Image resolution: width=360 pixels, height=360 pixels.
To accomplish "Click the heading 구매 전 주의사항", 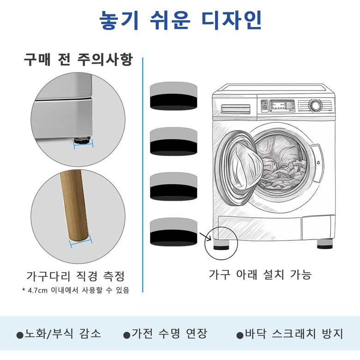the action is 78,60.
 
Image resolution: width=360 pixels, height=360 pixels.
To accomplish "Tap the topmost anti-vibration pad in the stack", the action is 174,96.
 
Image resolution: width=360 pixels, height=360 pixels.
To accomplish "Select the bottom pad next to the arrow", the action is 174,232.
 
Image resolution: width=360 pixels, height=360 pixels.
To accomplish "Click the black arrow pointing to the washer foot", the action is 205,237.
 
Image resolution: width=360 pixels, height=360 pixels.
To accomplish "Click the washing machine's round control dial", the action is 315,106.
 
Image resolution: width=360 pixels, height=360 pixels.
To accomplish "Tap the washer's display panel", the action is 282,105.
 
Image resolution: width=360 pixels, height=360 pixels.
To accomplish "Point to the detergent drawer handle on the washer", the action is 235,109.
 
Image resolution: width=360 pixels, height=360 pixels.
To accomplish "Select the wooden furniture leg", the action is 74,205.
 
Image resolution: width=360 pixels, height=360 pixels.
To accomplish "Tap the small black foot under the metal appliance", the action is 82,139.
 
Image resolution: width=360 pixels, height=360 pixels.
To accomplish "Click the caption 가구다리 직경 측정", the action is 76,276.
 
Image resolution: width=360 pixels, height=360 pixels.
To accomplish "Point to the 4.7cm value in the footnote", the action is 38,290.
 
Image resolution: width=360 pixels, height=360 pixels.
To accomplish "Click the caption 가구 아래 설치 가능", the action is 260,274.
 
